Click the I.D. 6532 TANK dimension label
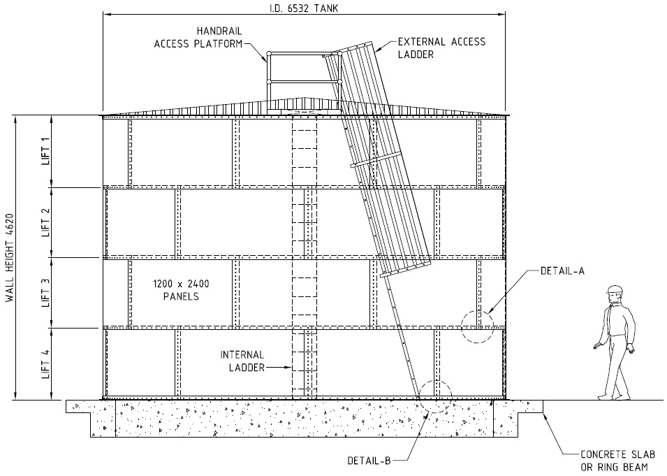[304, 8]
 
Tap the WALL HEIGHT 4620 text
[10, 258]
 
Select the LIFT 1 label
[45, 151]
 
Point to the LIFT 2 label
[45, 222]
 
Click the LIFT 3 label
[45, 293]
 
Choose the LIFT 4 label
[45, 364]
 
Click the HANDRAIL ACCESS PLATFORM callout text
[198, 38]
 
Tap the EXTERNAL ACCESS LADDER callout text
[441, 48]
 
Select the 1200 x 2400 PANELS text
[181, 290]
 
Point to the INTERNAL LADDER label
[242, 361]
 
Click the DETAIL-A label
[562, 271]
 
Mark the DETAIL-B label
[369, 461]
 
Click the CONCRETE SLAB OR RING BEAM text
[617, 461]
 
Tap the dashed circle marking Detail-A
[477, 311]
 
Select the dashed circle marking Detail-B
[434, 381]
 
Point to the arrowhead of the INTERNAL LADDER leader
[289, 368]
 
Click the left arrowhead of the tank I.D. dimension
[106, 14]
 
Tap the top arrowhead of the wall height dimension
[16, 119]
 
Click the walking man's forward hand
[598, 346]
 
